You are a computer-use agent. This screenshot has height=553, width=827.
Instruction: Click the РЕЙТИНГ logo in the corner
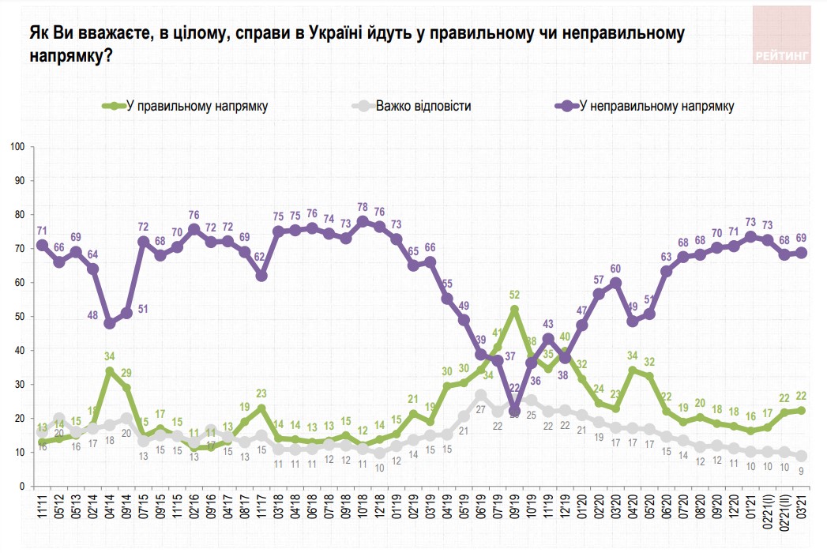pos(782,36)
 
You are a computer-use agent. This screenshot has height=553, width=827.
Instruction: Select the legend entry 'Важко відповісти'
pos(423,106)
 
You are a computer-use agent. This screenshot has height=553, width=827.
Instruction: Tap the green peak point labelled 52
pos(514,310)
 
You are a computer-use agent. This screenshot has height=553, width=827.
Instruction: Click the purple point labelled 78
pos(363,222)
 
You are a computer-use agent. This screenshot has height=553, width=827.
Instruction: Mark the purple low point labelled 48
pos(110,323)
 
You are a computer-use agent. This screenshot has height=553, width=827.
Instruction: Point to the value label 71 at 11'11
pos(42,230)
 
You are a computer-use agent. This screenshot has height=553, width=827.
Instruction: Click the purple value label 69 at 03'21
pos(801,238)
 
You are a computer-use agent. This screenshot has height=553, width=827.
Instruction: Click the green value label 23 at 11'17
pos(261,393)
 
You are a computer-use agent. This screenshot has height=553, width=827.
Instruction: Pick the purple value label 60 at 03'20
pos(616,268)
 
